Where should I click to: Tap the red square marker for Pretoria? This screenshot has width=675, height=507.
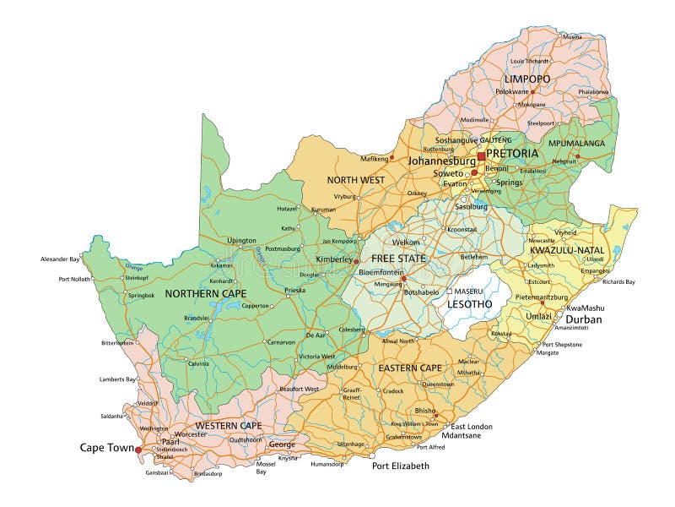click(x=481, y=156)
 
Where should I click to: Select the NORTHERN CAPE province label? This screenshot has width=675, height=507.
click(x=206, y=293)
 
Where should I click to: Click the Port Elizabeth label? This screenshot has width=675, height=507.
click(x=401, y=466)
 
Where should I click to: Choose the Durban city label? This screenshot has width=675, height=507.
click(x=584, y=320)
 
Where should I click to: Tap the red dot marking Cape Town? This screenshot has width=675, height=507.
click(x=138, y=450)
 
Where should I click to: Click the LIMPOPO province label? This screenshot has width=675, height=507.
click(x=527, y=79)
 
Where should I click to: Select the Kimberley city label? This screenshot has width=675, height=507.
click(x=332, y=259)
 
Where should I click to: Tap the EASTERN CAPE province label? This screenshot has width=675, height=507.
click(x=410, y=368)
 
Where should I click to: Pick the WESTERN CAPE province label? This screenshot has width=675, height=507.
click(x=229, y=425)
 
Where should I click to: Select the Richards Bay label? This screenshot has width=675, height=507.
click(x=618, y=281)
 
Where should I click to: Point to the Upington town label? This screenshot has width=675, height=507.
click(x=241, y=240)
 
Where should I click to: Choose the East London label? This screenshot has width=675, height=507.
click(x=471, y=427)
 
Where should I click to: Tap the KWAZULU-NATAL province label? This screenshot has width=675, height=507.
click(x=567, y=250)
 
